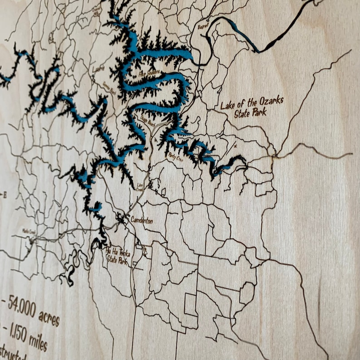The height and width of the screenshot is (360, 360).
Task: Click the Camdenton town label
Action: (x=142, y=220)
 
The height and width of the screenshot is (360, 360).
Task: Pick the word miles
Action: (x=39, y=343)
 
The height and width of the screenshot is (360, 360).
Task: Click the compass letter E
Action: (x=5, y=195)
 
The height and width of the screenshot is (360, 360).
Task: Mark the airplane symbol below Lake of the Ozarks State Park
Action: (x=234, y=146)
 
